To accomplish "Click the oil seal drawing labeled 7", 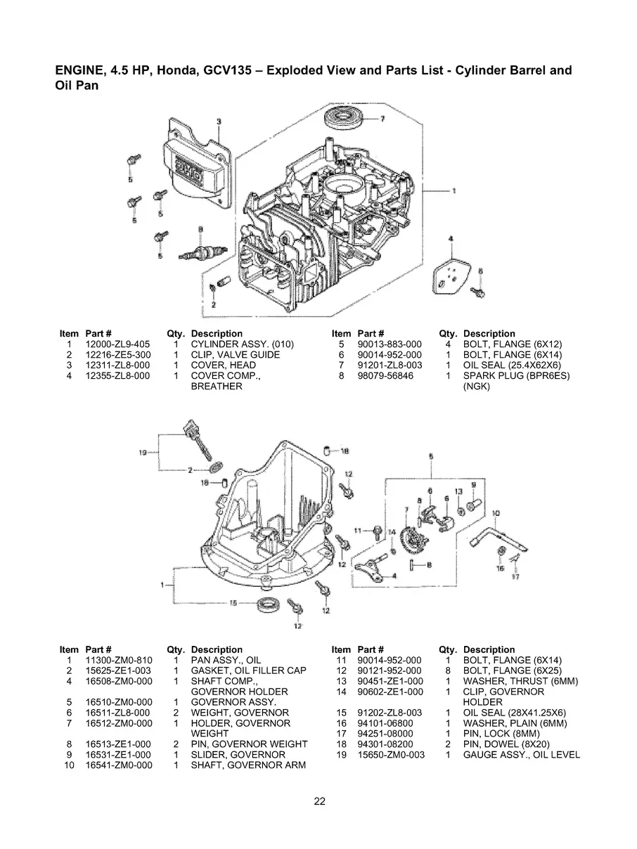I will [x=348, y=117].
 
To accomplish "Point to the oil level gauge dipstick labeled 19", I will [x=198, y=442].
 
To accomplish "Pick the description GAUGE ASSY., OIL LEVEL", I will [x=522, y=755].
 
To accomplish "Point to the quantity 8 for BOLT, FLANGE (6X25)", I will [x=447, y=670].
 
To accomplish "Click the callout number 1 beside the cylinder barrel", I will [x=453, y=190].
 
